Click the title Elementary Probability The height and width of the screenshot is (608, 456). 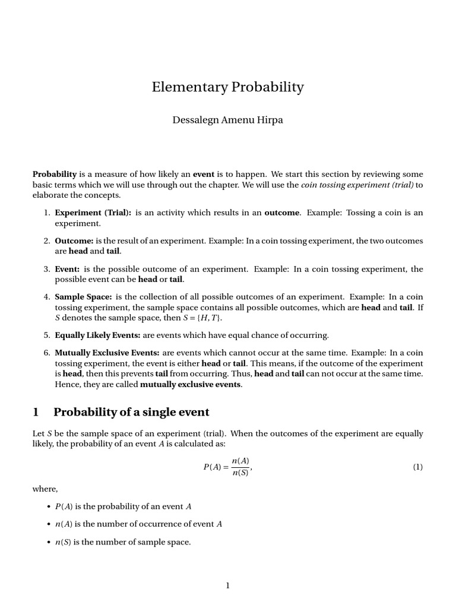(228, 87)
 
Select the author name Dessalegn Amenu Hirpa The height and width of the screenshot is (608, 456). (227, 120)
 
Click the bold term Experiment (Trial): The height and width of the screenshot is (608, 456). (93, 213)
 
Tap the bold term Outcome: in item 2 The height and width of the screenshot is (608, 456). (74, 240)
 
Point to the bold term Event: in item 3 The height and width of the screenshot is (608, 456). (67, 269)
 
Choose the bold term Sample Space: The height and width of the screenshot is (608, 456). (83, 296)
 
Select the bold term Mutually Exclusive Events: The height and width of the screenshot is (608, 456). (107, 353)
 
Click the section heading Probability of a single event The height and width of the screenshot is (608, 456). (131, 412)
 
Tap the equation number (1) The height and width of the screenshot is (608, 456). (418, 467)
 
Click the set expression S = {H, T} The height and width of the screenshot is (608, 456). (158, 318)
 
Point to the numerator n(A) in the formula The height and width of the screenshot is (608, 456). (240, 461)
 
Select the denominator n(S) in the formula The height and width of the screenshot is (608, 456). (240, 473)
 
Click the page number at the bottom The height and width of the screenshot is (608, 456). (227, 585)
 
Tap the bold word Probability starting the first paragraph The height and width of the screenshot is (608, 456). (55, 174)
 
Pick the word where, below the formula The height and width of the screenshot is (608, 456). (45, 489)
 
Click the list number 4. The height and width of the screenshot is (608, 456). (46, 296)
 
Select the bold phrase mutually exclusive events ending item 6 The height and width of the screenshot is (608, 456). (190, 384)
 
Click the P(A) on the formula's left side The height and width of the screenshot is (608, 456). (212, 467)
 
